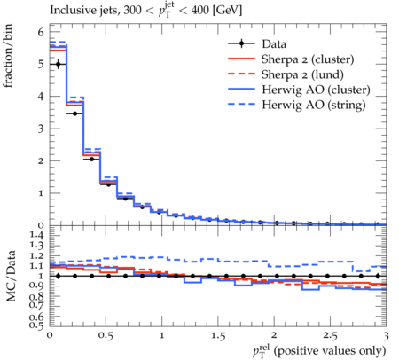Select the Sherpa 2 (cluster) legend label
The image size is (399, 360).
point(308,59)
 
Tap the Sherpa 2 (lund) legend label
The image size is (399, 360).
point(302,74)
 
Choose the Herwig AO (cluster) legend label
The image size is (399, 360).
point(316,90)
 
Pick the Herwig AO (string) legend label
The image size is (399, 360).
point(314,105)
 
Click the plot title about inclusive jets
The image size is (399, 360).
point(146,11)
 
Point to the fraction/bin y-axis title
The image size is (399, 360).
point(7,56)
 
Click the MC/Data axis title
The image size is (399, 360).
point(11,276)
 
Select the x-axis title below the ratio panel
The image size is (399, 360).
point(319,351)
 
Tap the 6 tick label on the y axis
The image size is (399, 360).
point(41,32)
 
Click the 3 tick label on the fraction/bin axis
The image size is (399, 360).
point(41,129)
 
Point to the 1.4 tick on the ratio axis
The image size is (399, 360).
point(36,235)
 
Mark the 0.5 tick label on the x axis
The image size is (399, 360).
point(106,336)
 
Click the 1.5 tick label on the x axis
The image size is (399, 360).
point(218,336)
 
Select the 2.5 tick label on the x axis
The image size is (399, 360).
point(330,336)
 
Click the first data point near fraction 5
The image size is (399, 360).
point(59,64)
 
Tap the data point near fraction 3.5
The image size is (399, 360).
point(74,113)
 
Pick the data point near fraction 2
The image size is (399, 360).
point(91,159)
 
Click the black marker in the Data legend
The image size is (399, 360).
point(241,43)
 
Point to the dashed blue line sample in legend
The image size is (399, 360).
point(241,104)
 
